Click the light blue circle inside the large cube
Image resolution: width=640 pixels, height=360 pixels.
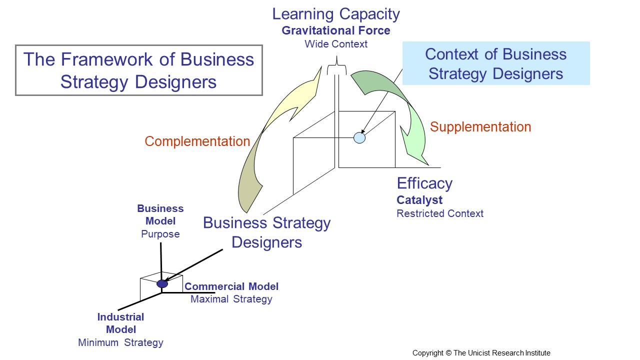(x=359, y=138)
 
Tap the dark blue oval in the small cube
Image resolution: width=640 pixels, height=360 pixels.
(x=162, y=283)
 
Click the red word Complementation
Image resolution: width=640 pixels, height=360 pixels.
(x=197, y=141)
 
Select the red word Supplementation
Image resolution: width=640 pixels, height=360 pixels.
(x=480, y=127)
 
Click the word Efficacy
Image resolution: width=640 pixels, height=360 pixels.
(x=424, y=183)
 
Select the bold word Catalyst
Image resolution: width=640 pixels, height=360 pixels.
(x=419, y=200)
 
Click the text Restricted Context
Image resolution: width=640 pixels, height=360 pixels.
(x=440, y=213)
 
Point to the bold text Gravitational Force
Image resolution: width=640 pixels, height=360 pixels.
(x=336, y=30)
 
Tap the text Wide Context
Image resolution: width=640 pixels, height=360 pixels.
(x=336, y=44)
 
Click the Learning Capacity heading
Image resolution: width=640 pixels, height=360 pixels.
(x=336, y=14)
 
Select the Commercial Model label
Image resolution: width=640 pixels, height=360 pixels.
(x=231, y=286)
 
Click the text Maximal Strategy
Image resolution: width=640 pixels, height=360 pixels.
(x=231, y=299)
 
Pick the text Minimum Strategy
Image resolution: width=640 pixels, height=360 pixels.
(x=120, y=342)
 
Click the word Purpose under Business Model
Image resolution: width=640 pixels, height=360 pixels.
(x=160, y=234)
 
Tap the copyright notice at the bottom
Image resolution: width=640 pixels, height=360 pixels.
(x=481, y=353)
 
